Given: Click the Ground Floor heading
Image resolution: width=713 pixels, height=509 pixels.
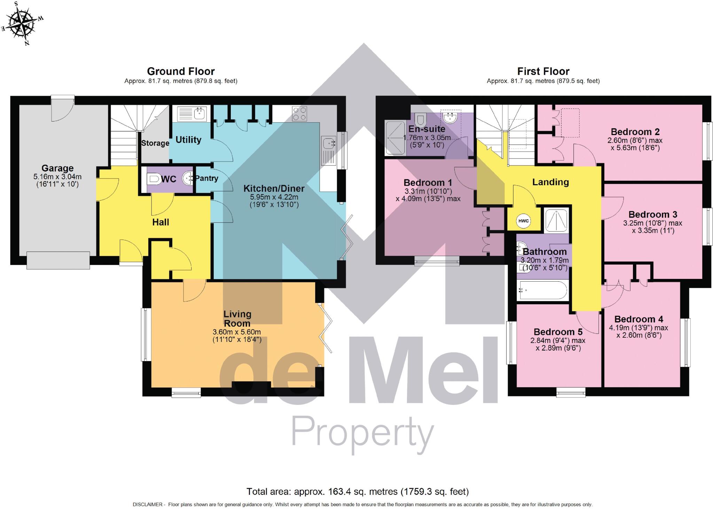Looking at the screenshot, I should (181, 71).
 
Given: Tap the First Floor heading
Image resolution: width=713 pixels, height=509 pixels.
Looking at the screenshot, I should (543, 71).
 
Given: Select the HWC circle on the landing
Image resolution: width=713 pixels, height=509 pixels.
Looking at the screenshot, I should (523, 221).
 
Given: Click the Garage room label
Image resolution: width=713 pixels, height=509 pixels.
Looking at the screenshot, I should (57, 169).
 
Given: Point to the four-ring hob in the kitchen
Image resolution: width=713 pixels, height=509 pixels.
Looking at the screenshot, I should (299, 113).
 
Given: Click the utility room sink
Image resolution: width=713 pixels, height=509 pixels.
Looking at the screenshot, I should (192, 113).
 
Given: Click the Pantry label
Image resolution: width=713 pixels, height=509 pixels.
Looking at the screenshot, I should (206, 178).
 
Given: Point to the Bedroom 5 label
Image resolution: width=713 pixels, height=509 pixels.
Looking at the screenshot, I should (558, 332).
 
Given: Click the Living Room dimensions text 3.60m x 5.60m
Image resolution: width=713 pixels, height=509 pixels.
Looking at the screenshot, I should (237, 332).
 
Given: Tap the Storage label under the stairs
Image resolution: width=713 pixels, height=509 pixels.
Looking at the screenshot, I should (155, 143).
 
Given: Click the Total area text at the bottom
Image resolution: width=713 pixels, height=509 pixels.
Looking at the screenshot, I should (358, 492).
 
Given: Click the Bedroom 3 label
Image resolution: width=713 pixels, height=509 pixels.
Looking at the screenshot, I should (652, 214).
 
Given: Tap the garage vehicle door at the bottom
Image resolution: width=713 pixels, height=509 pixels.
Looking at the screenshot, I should (58, 260).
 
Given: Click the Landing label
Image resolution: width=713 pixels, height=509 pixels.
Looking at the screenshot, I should (550, 182).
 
